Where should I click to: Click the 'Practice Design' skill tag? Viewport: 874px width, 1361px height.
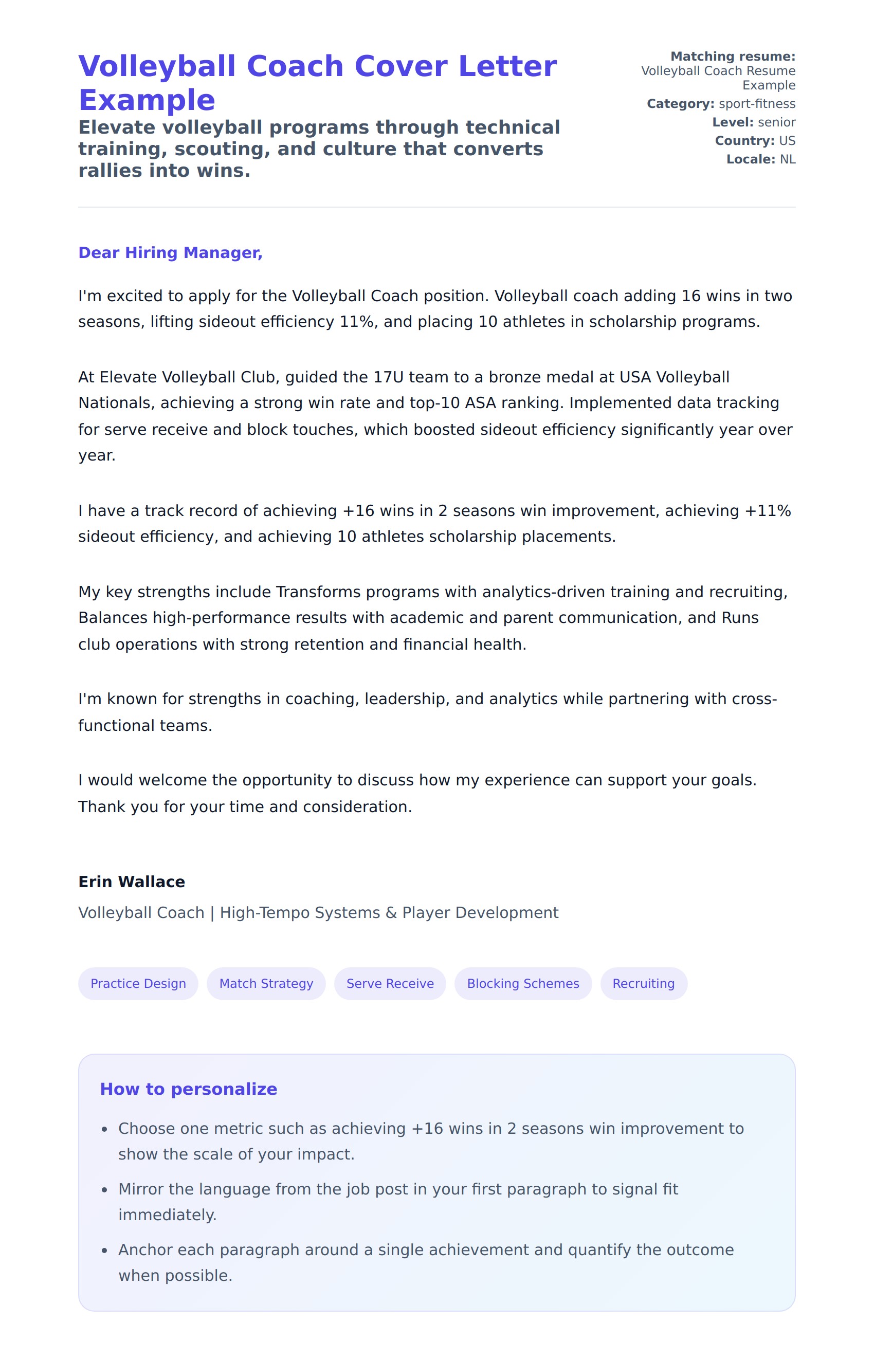[x=138, y=984]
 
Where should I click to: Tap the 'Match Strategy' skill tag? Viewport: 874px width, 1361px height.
[x=266, y=984]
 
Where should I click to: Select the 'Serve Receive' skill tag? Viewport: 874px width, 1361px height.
[x=390, y=984]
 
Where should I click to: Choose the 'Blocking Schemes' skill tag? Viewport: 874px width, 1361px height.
[x=523, y=984]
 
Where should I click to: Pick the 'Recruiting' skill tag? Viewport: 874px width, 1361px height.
[x=644, y=984]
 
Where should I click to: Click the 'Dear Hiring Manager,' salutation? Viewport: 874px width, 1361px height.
[x=170, y=253]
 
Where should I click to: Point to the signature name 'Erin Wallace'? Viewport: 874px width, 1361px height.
[x=132, y=881]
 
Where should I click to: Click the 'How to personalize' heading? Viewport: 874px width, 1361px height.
[x=188, y=1089]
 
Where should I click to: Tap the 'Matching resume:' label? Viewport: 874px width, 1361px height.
[x=733, y=57]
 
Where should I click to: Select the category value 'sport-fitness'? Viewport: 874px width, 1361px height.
[x=757, y=104]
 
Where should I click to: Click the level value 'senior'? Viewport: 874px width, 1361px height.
[x=776, y=122]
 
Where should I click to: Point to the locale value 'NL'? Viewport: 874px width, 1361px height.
[x=787, y=159]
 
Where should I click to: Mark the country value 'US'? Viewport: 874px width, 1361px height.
[x=787, y=141]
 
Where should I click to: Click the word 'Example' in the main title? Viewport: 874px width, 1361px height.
[x=147, y=100]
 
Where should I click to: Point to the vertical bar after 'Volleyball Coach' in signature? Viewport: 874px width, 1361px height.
[x=212, y=913]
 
